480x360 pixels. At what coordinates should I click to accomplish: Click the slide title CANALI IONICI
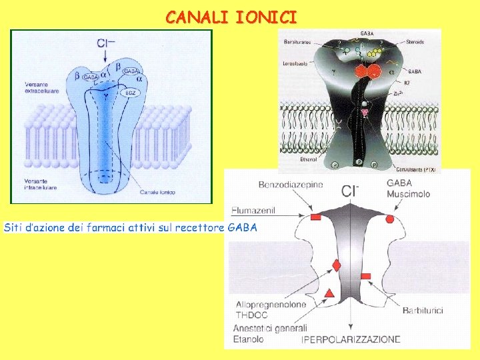pos(231,17)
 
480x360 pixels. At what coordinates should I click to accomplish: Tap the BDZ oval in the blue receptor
pos(131,93)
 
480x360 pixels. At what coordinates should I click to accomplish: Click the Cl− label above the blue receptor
pos(106,43)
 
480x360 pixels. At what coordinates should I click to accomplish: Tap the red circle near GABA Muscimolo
pos(390,218)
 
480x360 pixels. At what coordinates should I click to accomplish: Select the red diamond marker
pos(336,265)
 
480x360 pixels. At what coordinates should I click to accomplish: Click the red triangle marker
pos(329,293)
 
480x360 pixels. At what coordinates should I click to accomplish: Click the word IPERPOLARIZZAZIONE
pos(351,339)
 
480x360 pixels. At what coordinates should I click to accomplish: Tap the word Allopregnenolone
pos(271,305)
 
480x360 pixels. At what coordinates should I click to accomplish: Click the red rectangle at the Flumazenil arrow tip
pos(316,218)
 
